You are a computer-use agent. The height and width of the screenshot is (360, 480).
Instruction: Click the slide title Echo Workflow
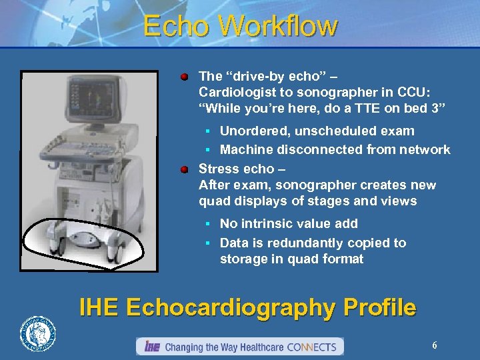coord(240,27)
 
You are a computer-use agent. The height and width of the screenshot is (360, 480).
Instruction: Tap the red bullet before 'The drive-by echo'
coord(185,77)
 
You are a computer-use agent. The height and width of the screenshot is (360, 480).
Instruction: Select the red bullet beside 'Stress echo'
coord(185,169)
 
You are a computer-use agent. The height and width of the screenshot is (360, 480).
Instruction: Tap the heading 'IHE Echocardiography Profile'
coord(247,308)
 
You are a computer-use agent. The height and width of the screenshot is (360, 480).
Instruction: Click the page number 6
coord(435,345)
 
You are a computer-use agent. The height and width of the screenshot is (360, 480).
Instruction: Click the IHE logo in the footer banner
coord(152,347)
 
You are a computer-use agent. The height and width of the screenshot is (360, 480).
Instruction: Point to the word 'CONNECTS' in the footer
coord(313,347)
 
